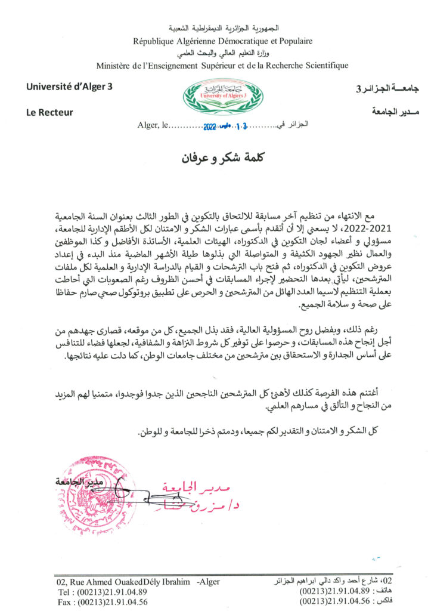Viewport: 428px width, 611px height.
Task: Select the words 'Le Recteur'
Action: (x=49, y=112)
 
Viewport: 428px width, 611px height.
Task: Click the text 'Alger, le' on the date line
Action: (x=153, y=126)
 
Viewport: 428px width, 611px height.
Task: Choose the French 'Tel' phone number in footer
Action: (x=101, y=592)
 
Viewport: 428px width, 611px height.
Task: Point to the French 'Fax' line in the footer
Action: (x=101, y=602)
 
